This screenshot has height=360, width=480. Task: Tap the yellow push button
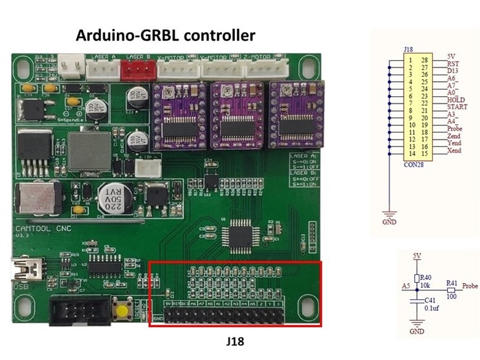pos(121,309)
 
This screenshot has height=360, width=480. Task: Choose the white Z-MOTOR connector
pos(266,70)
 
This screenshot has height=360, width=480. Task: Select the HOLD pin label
pos(455,99)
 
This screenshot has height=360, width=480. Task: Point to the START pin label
pos(457,107)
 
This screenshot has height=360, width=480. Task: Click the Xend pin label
pos(454,150)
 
